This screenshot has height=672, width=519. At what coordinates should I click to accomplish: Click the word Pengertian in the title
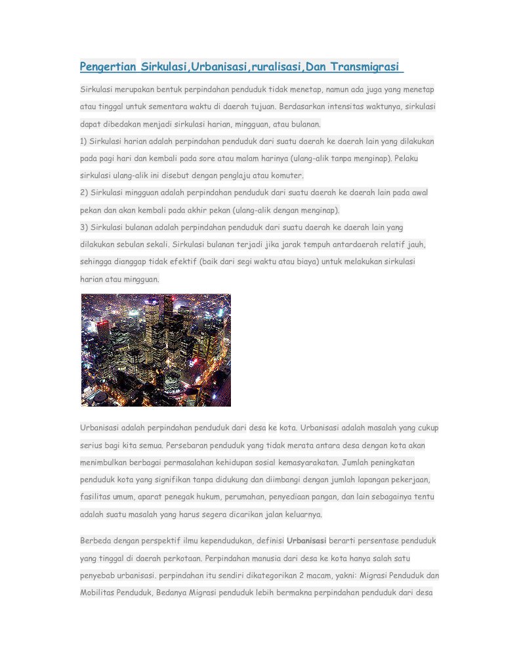(x=108, y=67)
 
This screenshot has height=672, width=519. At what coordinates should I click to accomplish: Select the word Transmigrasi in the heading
(x=366, y=67)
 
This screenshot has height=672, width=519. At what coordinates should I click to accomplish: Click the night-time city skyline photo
(x=156, y=350)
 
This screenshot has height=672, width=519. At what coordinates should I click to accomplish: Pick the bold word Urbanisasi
(x=306, y=541)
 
